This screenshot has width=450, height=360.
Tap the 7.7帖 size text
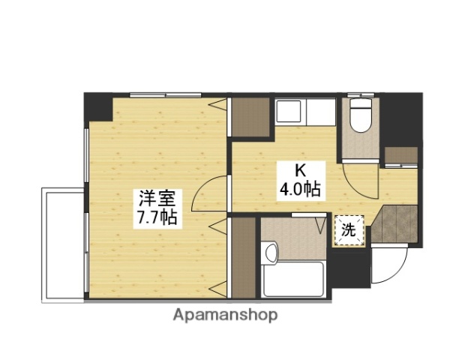tap(157, 218)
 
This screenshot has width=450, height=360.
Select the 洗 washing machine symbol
tap(349, 229)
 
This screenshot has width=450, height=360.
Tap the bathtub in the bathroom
tap(293, 279)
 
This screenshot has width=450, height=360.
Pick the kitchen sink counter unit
tap(304, 112)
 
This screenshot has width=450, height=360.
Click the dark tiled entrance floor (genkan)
tap(394, 223)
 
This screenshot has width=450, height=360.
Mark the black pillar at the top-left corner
tap(97, 107)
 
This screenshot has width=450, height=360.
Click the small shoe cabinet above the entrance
tap(400, 156)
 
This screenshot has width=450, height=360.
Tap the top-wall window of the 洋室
tap(158, 94)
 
